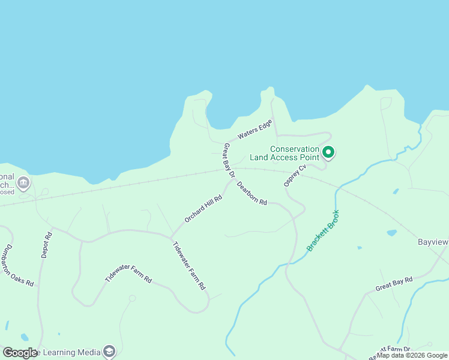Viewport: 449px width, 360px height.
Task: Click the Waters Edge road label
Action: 255,130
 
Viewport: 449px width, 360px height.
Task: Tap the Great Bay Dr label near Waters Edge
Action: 228,160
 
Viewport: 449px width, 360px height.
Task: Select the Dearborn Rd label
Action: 252,193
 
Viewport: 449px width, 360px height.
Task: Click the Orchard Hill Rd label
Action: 203,209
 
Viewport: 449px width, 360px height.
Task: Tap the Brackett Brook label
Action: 323,230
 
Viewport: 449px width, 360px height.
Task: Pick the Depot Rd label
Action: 47,245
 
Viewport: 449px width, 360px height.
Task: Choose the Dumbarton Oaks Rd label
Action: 18,265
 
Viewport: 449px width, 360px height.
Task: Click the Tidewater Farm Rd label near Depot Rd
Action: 128,272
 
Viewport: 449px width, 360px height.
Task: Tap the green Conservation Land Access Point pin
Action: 328,152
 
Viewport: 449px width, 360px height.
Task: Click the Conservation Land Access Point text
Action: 294,153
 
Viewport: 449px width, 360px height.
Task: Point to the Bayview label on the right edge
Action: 433,242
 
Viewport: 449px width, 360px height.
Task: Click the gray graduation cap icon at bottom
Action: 109,351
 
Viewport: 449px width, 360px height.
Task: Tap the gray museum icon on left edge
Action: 23,182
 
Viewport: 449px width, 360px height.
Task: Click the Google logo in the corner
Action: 19,353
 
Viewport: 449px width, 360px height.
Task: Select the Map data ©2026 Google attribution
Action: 412,355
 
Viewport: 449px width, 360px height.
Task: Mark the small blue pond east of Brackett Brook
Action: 391,233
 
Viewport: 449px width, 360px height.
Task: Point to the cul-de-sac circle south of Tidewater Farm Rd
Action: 132,298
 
